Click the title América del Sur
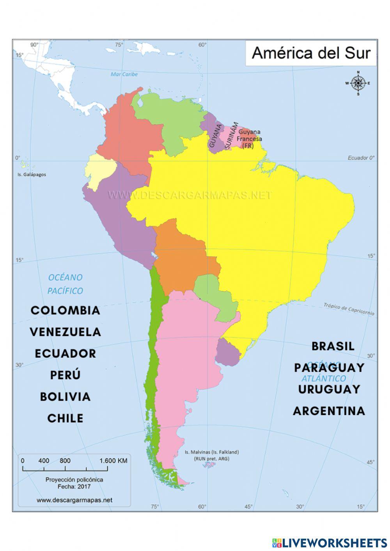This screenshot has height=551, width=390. click(x=311, y=53)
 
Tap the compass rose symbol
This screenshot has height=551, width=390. click(x=358, y=83)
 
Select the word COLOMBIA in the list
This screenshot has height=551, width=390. click(x=65, y=311)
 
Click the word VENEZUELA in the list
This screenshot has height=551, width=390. click(x=65, y=332)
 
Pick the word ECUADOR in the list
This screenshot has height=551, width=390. click(x=65, y=353)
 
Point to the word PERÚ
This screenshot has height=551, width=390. click(x=65, y=375)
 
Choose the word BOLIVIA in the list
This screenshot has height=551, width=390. click(x=65, y=397)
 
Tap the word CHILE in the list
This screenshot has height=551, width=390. click(x=65, y=418)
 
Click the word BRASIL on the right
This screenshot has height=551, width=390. click(x=333, y=346)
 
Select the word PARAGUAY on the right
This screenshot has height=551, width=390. click(x=329, y=367)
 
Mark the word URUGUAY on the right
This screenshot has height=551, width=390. click(x=329, y=389)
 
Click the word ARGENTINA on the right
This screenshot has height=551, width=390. click(x=329, y=411)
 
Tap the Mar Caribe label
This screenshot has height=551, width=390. click(x=124, y=74)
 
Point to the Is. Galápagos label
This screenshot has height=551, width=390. click(x=32, y=175)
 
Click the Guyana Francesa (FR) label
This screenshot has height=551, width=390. click(x=249, y=139)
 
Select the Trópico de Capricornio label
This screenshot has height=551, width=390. click(x=349, y=309)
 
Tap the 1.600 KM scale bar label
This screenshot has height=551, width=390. click(x=113, y=461)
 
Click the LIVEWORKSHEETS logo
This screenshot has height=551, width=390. click(x=329, y=542)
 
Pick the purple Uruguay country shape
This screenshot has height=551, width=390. click(x=228, y=352)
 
